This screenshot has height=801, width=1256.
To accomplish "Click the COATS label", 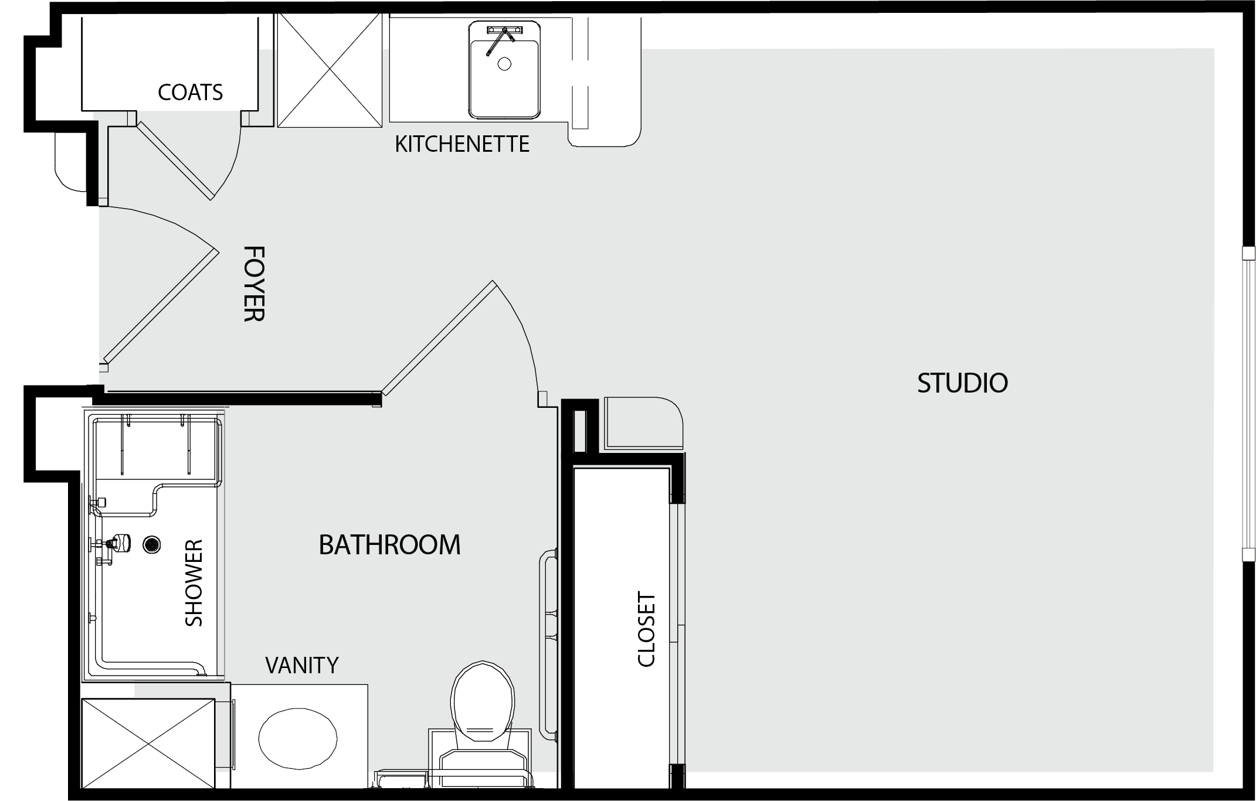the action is pyautogui.click(x=191, y=92).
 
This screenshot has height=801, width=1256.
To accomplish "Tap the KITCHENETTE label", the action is pyautogui.click(x=462, y=144).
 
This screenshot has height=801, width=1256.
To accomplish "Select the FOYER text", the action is pyautogui.click(x=254, y=284).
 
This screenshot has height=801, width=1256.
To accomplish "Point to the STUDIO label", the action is pyautogui.click(x=962, y=383).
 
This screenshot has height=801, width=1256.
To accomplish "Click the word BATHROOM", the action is pyautogui.click(x=389, y=545).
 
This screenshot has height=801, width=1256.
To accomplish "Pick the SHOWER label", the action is pyautogui.click(x=194, y=583).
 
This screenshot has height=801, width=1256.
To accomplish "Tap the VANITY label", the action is pyautogui.click(x=302, y=665).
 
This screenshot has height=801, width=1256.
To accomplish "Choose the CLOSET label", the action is pyautogui.click(x=646, y=629).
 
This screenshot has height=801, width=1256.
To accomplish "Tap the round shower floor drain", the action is pyautogui.click(x=152, y=545).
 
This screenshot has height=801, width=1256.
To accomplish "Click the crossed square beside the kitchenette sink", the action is pyautogui.click(x=330, y=70).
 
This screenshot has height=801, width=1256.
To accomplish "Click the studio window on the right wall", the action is pyautogui.click(x=1248, y=404).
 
